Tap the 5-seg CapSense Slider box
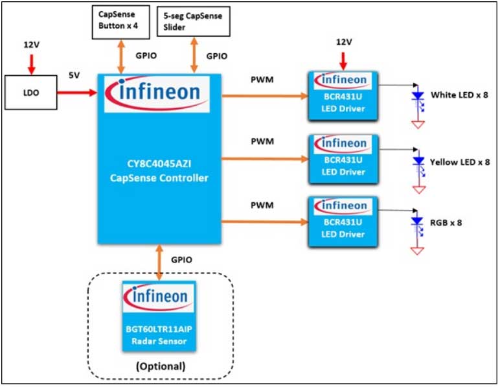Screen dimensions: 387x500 193,21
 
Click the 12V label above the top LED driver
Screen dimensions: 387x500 344,42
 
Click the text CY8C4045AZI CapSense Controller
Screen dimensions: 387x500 159,170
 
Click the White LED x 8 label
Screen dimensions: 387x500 459,95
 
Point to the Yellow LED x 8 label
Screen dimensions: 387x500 460,161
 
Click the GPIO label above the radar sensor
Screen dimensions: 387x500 183,259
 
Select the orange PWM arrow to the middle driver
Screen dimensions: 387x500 266,158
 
